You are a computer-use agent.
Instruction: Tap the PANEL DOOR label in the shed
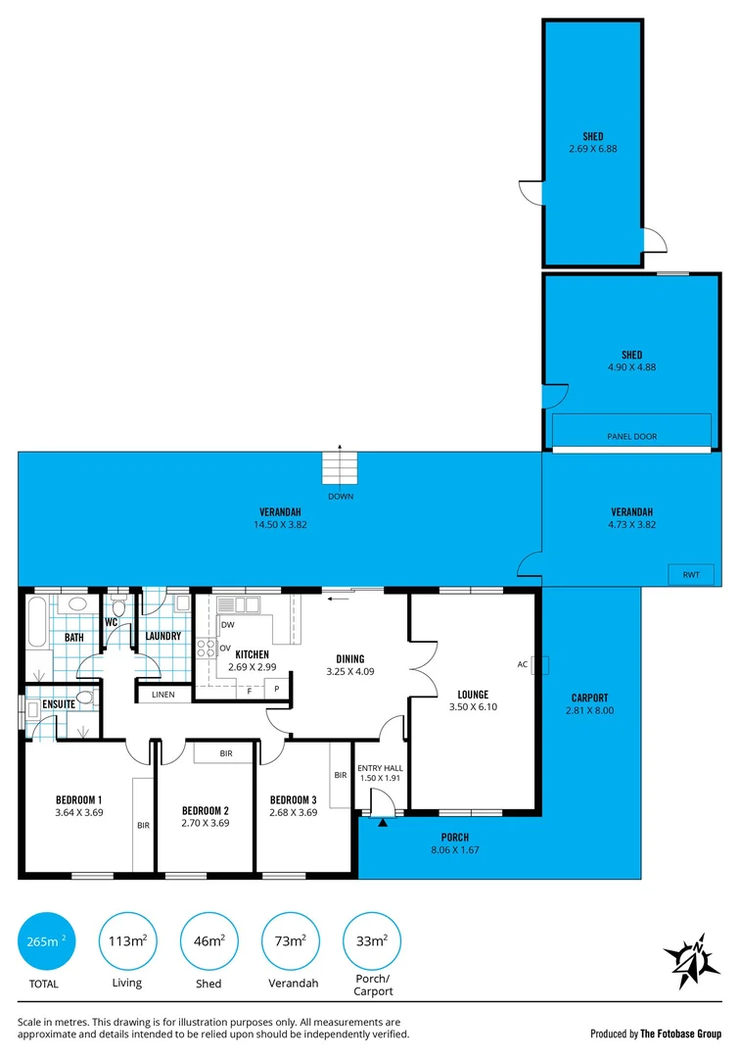pyautogui.click(x=631, y=437)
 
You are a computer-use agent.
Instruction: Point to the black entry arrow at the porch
pyautogui.click(x=383, y=823)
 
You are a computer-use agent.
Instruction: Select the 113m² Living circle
pyautogui.click(x=127, y=942)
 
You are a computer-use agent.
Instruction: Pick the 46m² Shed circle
pyautogui.click(x=208, y=942)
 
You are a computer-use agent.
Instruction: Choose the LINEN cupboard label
pyautogui.click(x=163, y=695)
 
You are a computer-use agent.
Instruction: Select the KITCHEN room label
pyautogui.click(x=252, y=654)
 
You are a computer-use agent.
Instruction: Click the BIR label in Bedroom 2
pyautogui.click(x=226, y=753)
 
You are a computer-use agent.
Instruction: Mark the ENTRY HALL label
pyautogui.click(x=378, y=767)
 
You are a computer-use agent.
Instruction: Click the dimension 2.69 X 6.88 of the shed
pyautogui.click(x=593, y=149)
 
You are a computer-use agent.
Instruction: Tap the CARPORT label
pyautogui.click(x=591, y=697)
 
